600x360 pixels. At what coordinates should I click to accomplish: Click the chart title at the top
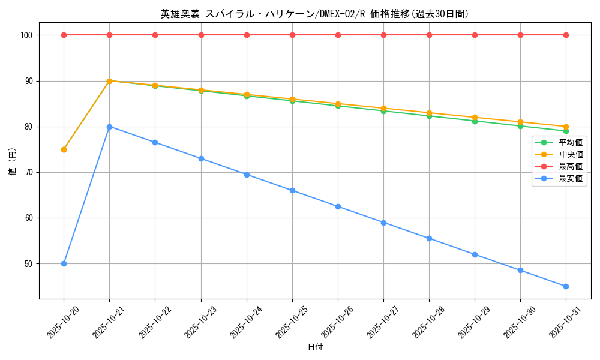point(314,14)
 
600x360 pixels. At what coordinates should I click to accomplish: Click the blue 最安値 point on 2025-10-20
point(64,263)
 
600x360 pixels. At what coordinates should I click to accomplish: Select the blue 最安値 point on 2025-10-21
point(109,127)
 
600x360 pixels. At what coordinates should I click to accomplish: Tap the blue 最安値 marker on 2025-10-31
point(566,286)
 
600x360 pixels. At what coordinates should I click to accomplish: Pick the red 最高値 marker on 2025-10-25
point(292,35)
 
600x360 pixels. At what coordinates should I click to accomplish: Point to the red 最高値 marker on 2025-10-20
point(64,35)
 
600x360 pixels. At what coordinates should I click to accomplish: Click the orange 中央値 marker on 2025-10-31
point(566,127)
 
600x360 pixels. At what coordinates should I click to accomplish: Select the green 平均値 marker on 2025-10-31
point(566,131)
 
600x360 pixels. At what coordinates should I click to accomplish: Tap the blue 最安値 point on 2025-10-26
point(338,206)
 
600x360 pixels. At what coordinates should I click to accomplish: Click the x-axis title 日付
point(314,347)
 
